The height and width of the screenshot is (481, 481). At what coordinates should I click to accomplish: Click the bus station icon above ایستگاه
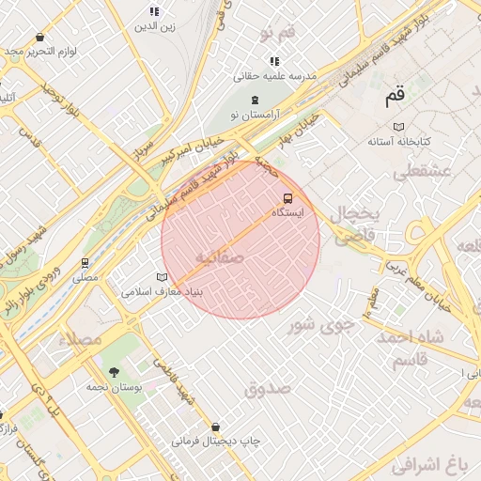click(287, 198)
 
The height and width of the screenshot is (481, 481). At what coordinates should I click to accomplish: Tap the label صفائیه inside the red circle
click(221, 256)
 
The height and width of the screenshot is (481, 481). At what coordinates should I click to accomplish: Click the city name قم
click(396, 96)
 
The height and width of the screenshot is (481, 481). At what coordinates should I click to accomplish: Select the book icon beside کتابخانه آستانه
click(398, 126)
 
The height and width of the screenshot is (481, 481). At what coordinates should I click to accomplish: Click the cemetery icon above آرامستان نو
click(255, 100)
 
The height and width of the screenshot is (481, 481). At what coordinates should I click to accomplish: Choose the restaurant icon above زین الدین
click(154, 11)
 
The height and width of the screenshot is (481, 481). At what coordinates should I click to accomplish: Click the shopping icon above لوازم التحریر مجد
click(39, 37)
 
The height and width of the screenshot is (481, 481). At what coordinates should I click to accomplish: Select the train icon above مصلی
click(85, 262)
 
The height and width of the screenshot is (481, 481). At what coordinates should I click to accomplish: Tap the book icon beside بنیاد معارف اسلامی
click(163, 278)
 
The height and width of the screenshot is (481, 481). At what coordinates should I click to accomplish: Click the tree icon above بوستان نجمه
click(114, 371)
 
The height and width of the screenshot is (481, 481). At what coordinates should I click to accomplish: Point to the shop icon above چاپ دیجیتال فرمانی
click(216, 426)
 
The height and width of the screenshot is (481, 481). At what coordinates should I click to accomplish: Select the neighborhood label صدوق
click(268, 388)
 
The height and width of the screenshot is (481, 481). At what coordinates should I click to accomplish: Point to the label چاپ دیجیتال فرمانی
click(215, 440)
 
